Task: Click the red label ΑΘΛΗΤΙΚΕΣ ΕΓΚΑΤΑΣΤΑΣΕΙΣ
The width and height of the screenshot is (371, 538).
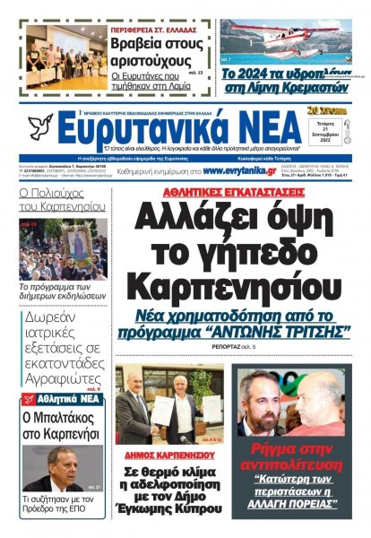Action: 225,191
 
